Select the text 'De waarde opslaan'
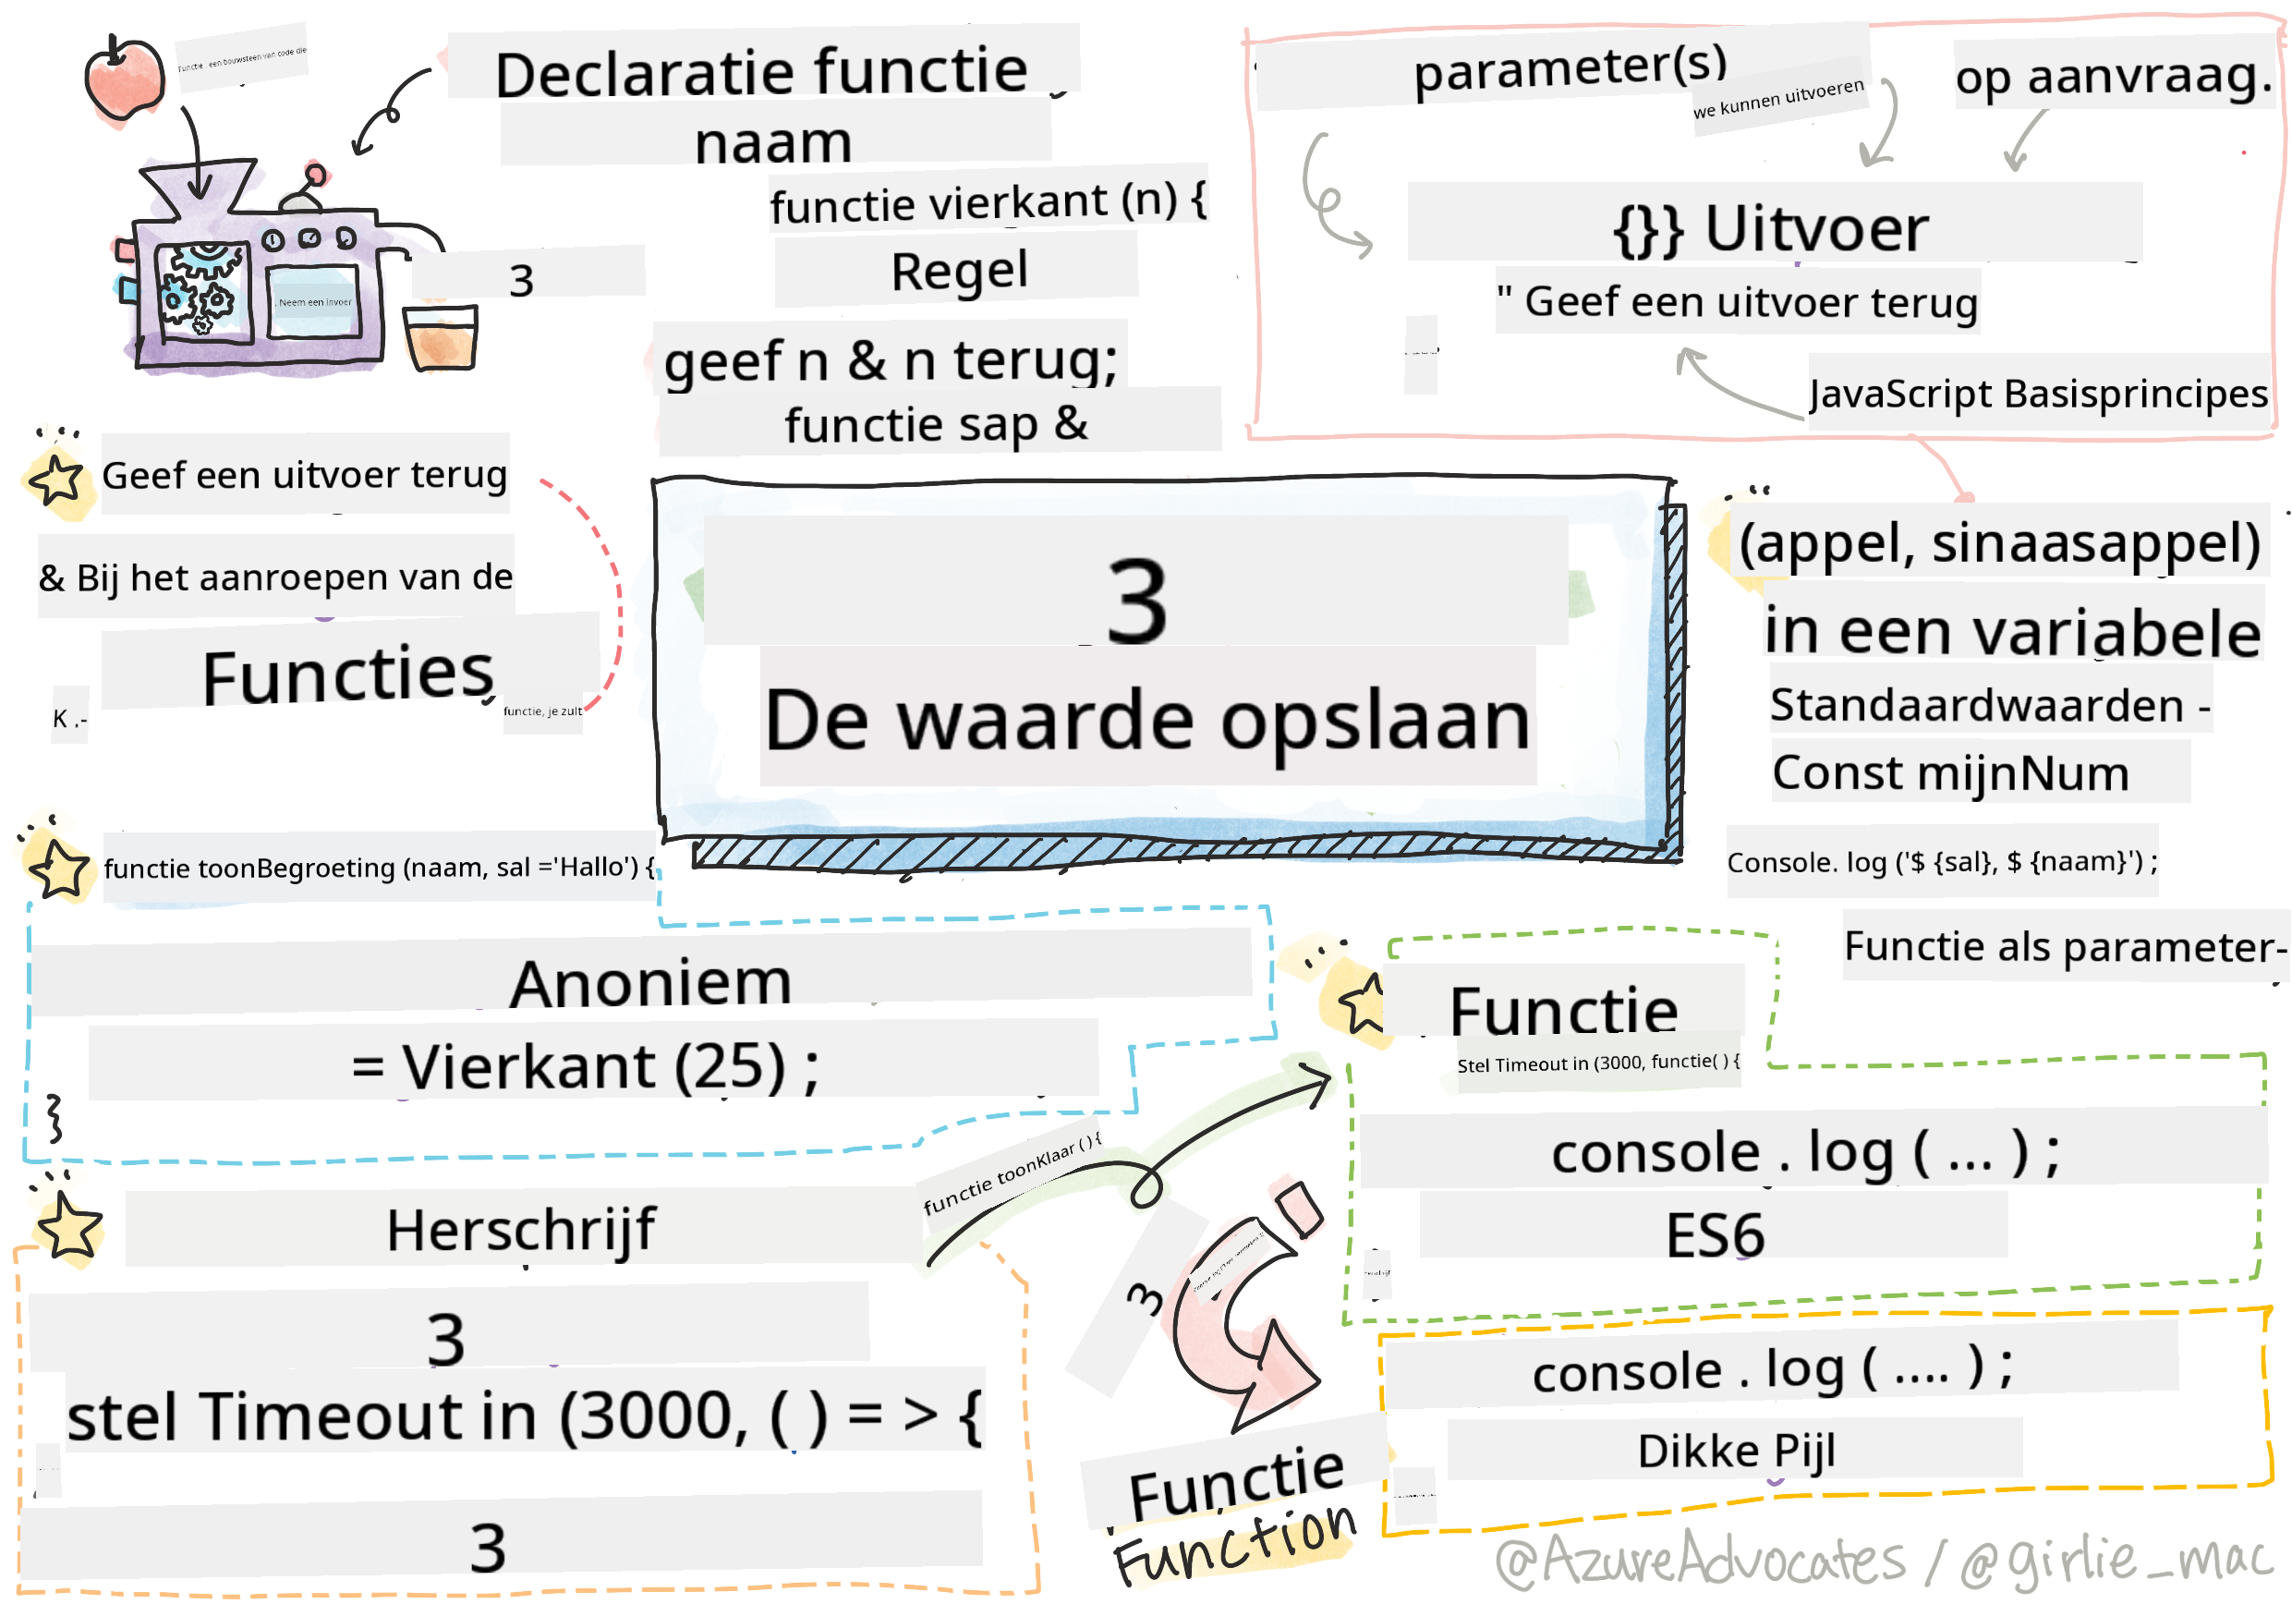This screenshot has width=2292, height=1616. coord(1147,721)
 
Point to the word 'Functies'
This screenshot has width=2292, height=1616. coord(347,675)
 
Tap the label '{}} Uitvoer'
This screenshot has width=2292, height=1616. coord(1771,227)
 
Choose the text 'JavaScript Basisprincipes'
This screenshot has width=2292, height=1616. coord(2039,395)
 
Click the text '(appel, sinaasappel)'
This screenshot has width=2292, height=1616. coord(1999,543)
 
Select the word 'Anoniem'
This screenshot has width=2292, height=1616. coord(651,983)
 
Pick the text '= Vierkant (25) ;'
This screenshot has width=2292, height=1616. coord(586,1067)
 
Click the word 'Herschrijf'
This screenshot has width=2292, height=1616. coord(521,1230)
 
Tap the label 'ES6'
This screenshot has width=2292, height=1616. coord(1715,1234)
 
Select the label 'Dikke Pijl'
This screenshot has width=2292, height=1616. coord(1736,1451)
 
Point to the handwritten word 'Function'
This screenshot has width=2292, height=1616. coord(1234,1545)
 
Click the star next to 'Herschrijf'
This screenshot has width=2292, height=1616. coord(67,1227)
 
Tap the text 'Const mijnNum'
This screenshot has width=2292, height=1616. coord(1950,773)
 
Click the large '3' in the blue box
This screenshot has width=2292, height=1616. coord(1137,601)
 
